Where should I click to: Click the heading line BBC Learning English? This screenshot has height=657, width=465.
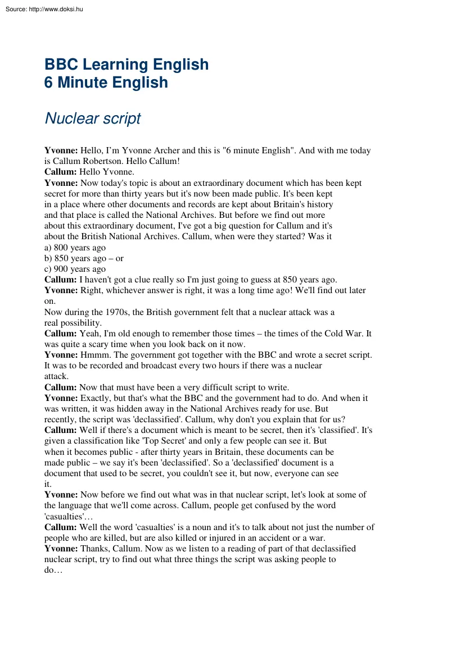[127, 65]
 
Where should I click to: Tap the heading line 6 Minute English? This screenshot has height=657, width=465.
[106, 83]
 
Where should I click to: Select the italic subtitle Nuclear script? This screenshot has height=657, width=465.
[92, 118]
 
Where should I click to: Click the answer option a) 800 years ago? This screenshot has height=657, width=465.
[75, 248]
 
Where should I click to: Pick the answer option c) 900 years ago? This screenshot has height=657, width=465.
[75, 269]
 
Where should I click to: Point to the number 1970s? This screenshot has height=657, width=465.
[119, 312]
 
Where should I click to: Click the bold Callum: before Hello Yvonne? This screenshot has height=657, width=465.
[60, 172]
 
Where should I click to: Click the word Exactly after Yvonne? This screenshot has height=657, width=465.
[97, 398]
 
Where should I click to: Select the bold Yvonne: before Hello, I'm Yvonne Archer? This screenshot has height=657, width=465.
[61, 150]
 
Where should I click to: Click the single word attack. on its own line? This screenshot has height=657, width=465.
[56, 376]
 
